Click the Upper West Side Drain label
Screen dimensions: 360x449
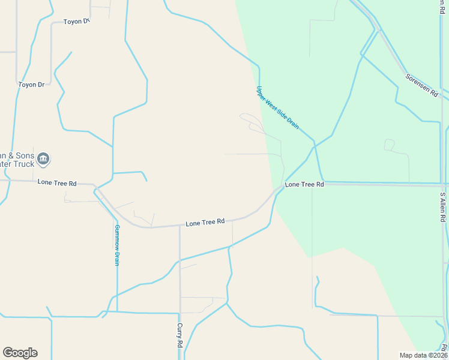click(277, 107)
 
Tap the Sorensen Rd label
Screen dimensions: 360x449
click(421, 86)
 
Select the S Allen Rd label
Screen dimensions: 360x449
click(442, 208)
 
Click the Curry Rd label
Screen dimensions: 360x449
click(179, 336)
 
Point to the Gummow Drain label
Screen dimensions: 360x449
click(117, 245)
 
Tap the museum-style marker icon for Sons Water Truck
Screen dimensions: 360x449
click(43, 159)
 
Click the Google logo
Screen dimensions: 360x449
click(20, 353)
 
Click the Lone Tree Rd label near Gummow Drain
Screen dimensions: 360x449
click(57, 182)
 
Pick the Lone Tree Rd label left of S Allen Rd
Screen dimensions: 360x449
click(304, 184)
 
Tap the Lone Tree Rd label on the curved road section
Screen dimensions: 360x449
click(205, 223)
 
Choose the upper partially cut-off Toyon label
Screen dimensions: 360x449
click(76, 22)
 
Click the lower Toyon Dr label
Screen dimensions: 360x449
click(31, 85)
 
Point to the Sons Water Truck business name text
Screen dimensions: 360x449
click(18, 159)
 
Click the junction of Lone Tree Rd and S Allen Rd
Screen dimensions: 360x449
click(444, 185)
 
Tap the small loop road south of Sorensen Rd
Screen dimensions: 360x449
click(389, 145)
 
